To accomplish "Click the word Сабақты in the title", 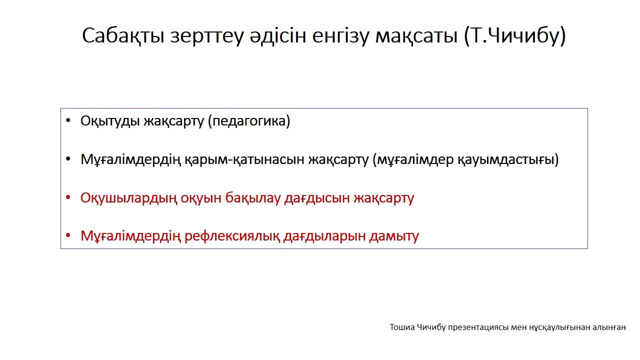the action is click(123, 35).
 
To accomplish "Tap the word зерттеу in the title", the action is click(207, 36).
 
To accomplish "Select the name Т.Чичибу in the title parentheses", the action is click(514, 35).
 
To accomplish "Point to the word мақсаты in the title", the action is click(416, 36).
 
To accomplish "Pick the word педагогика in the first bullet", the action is click(249, 121).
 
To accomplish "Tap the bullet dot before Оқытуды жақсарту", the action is click(68, 120).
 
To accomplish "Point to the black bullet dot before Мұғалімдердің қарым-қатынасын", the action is click(68, 159).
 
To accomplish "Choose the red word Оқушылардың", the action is click(129, 197).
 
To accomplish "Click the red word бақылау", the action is click(253, 197).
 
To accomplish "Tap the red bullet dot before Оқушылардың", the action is click(68, 197).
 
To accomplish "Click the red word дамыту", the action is click(394, 236).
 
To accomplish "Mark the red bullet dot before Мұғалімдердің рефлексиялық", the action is click(68, 235).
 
